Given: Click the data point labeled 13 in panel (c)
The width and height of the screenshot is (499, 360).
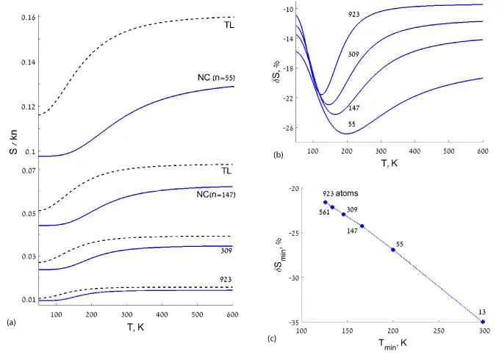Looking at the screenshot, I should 483,322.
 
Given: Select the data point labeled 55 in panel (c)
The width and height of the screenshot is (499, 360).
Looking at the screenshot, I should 392,250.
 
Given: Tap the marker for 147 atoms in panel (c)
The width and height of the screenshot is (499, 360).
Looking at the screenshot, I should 362,226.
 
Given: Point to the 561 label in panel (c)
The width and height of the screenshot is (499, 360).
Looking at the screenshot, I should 324,213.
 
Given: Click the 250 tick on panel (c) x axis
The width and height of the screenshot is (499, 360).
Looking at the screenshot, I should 438,332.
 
